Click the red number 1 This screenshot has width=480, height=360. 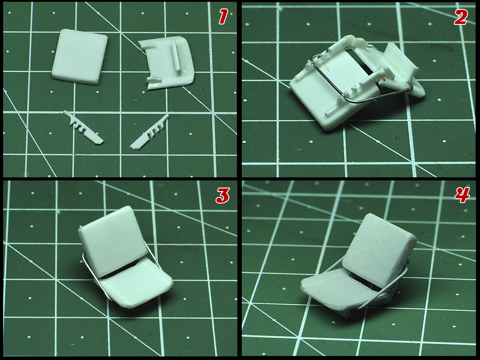(223, 16)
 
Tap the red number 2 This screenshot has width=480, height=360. (461, 17)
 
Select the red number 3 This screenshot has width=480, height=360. (223, 195)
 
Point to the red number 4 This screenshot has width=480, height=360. (462, 195)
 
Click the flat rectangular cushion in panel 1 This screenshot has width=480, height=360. (80, 56)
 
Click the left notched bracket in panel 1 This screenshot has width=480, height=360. (83, 128)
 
